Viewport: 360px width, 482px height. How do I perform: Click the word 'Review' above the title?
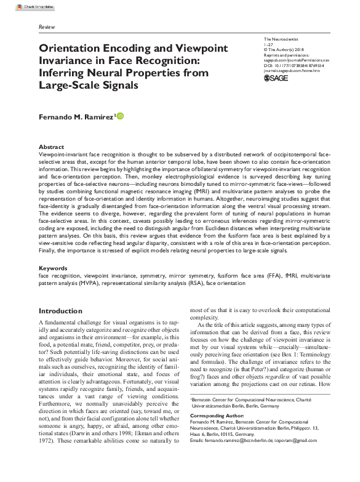(46, 28)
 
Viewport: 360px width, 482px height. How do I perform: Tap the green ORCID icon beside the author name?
(120, 116)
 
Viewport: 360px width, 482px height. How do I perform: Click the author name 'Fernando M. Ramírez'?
(76, 116)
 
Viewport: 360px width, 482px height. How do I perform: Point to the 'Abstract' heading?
(51, 147)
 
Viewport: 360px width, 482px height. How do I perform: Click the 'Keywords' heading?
(54, 268)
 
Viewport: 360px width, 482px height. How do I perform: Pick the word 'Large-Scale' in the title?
(66, 86)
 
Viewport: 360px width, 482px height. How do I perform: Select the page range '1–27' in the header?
(266, 44)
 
